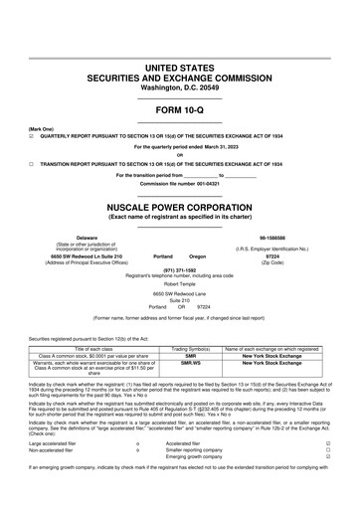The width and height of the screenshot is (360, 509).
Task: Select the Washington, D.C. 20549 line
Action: click(179, 86)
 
